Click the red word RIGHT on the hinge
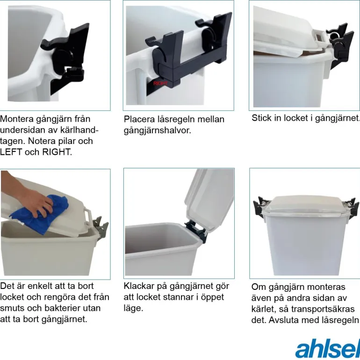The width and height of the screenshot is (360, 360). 160,83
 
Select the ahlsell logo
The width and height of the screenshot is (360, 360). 328,348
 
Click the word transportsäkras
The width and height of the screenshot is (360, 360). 323,309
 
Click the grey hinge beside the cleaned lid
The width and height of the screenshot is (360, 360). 101,229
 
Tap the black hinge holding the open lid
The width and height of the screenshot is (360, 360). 196,230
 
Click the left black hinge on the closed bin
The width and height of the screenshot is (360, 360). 259,206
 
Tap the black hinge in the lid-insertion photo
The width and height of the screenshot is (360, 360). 339,45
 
